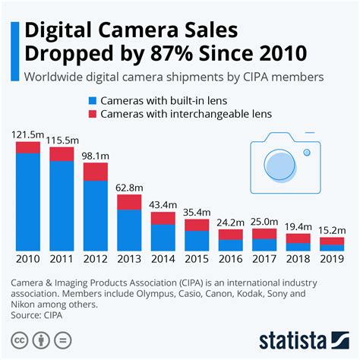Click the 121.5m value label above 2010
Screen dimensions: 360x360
point(27,134)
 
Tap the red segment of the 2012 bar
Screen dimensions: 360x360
point(95,171)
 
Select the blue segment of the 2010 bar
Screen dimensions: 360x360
point(27,201)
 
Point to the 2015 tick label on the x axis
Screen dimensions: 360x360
point(197,259)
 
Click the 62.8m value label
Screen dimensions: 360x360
point(129,187)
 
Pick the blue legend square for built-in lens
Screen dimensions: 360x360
point(92,100)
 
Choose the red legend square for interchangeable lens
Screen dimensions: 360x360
point(92,115)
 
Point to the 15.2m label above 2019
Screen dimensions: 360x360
point(332,229)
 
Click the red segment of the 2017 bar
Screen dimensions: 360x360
point(264,233)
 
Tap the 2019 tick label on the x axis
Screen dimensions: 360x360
point(332,259)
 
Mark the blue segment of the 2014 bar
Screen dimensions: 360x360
point(163,238)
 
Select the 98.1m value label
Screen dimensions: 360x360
point(95,154)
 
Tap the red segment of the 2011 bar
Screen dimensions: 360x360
point(62,154)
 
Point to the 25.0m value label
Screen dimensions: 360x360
point(264,221)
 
